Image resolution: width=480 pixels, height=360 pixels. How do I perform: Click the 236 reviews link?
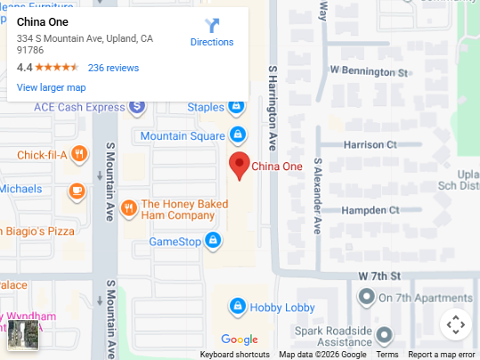click(113, 68)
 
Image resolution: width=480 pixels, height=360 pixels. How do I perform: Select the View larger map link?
click(51, 87)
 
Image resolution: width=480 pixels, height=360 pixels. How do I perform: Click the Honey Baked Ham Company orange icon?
click(128, 209)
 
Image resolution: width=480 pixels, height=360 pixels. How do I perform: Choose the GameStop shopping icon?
click(213, 241)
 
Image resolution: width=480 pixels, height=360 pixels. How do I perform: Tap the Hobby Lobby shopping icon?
click(237, 307)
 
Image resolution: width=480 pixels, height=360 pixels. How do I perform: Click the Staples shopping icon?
click(236, 107)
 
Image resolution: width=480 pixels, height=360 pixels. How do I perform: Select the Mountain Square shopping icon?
click(238, 135)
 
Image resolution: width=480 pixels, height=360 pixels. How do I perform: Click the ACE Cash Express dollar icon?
click(136, 107)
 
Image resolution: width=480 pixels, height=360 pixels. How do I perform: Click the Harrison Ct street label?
click(370, 144)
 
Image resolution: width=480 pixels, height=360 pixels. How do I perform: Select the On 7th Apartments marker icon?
click(366, 297)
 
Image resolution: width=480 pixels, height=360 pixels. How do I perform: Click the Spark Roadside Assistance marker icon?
click(384, 336)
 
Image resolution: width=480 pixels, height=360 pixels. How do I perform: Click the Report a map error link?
click(442, 355)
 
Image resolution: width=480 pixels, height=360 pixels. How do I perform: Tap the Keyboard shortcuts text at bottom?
click(234, 355)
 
